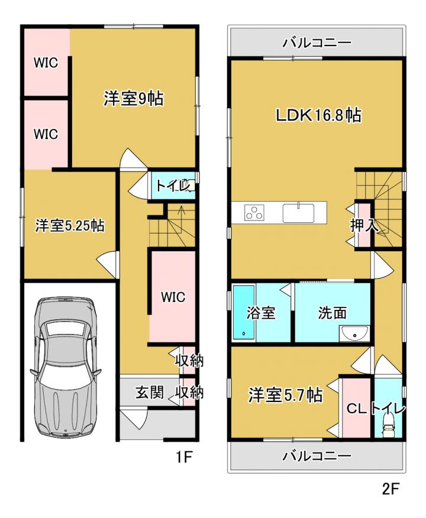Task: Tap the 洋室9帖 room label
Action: (x=134, y=98)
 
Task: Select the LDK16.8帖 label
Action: (x=318, y=115)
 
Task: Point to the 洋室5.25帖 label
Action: (x=70, y=226)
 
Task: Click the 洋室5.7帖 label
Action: (x=286, y=395)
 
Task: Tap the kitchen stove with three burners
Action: (x=254, y=212)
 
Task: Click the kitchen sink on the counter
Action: (x=298, y=213)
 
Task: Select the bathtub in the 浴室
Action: (x=244, y=312)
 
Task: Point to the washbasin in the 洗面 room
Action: (x=354, y=334)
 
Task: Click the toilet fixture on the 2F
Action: (x=388, y=426)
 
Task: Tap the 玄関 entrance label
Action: (x=149, y=393)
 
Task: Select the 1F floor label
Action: (x=183, y=457)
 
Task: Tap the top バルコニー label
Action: (x=317, y=43)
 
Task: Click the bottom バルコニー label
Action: (x=317, y=457)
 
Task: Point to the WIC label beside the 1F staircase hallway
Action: (x=173, y=297)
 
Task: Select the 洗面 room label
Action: (x=333, y=313)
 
